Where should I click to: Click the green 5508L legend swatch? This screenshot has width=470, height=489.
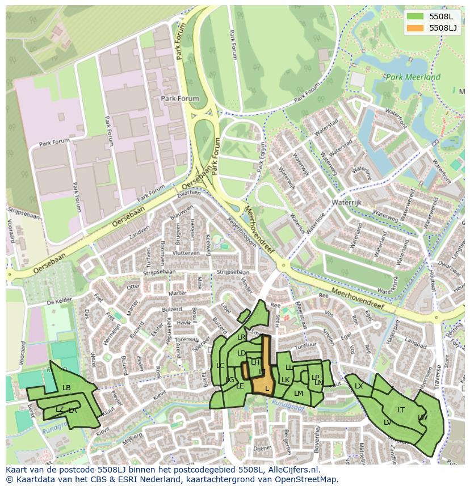pyautogui.click(x=416, y=16)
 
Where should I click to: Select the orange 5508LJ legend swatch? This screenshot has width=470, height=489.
pyautogui.click(x=416, y=28)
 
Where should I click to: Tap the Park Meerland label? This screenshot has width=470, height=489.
pyautogui.click(x=412, y=77)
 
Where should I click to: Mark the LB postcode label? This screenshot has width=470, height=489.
pyautogui.click(x=66, y=388)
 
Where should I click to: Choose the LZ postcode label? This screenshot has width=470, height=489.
pyautogui.click(x=60, y=409)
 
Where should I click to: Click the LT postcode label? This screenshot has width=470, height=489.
pyautogui.click(x=401, y=409)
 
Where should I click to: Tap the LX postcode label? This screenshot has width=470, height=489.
pyautogui.click(x=359, y=386)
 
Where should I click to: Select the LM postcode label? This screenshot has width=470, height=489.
pyautogui.click(x=299, y=393)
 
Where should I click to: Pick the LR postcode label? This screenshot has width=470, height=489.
pyautogui.click(x=241, y=337)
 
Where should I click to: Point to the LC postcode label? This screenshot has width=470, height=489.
pyautogui.click(x=220, y=365)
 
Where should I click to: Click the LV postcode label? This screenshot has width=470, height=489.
pyautogui.click(x=387, y=422)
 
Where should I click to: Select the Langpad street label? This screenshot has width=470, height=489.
pyautogui.click(x=416, y=344)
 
